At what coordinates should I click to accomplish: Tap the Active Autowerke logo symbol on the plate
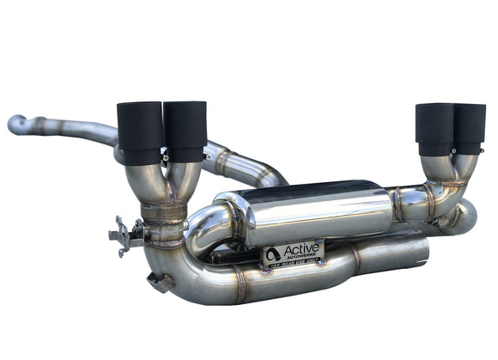(x=274, y=254)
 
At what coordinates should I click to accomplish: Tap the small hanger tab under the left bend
(x=158, y=281)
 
